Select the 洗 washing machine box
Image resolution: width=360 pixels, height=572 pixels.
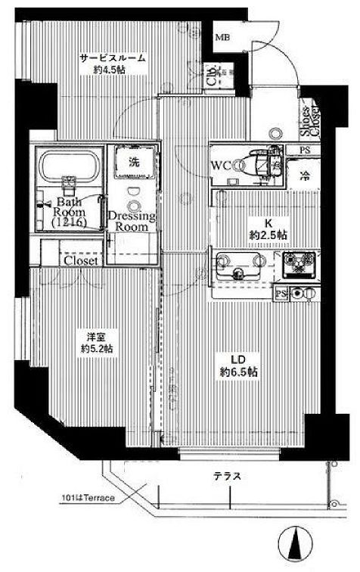(133, 161)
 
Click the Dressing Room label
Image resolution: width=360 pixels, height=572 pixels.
(132, 221)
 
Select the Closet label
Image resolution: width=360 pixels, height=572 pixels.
(79, 260)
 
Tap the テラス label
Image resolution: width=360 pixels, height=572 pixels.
(227, 477)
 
